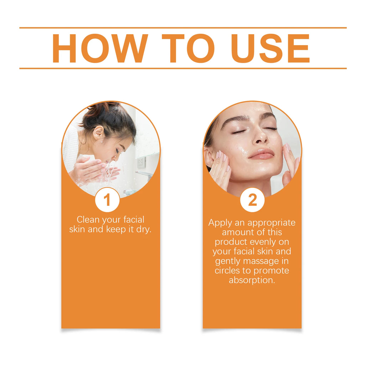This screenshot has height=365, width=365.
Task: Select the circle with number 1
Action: click(x=107, y=200)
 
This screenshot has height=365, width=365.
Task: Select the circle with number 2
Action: click(x=252, y=200)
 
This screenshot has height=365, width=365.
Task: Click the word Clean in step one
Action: click(x=88, y=220)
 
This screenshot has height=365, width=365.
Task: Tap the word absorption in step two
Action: click(x=252, y=280)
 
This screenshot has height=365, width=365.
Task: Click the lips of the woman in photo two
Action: click(x=262, y=154)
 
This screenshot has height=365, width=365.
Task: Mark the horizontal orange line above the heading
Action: click(x=182, y=27)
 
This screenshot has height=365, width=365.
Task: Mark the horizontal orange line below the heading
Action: click(x=182, y=68)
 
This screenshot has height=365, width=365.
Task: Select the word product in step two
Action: click(x=230, y=242)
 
